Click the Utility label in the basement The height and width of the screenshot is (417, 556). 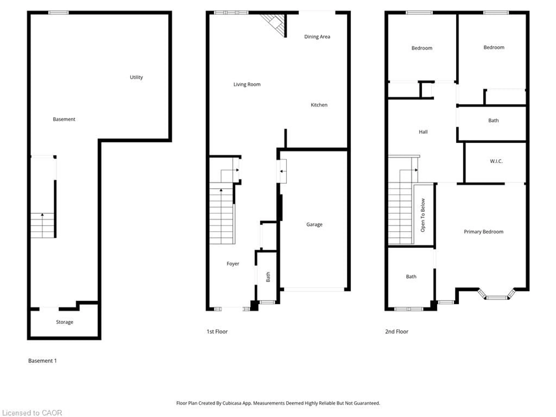pyautogui.click(x=136, y=77)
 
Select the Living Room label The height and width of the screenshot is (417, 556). pyautogui.click(x=247, y=84)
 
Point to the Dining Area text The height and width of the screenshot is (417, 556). pyautogui.click(x=317, y=37)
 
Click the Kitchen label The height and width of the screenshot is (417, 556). pyautogui.click(x=319, y=105)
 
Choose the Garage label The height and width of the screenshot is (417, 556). pyautogui.click(x=314, y=224)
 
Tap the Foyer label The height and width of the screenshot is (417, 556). pyautogui.click(x=233, y=264)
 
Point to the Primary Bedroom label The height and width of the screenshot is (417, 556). pyautogui.click(x=483, y=232)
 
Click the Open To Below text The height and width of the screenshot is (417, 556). pyautogui.click(x=423, y=215)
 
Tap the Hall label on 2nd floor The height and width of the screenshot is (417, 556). pyautogui.click(x=423, y=132)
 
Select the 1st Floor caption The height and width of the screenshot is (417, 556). pyautogui.click(x=217, y=332)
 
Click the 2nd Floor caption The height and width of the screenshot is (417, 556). pyautogui.click(x=396, y=332)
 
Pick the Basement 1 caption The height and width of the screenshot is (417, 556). pyautogui.click(x=42, y=361)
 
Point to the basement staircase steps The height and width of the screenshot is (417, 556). pyautogui.click(x=42, y=225)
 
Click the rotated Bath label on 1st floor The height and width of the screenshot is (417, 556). pyautogui.click(x=268, y=277)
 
